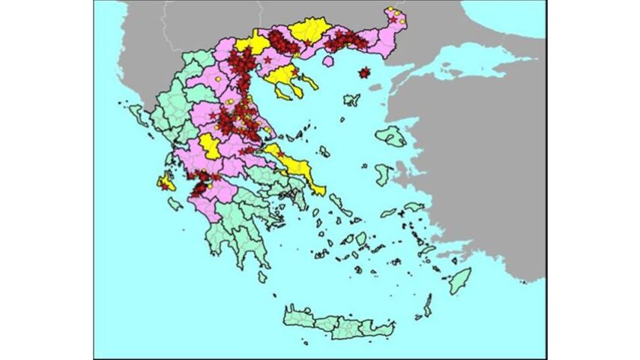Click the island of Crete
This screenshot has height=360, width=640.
point(337,322)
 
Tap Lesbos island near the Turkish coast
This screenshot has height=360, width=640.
point(390,136)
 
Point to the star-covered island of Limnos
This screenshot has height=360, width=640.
point(365,73)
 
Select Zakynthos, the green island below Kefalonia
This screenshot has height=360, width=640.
point(175,203)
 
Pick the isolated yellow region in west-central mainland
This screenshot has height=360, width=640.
point(211,146)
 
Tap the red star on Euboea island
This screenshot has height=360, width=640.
point(281,154)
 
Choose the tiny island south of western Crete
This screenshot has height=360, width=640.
point(305,343)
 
